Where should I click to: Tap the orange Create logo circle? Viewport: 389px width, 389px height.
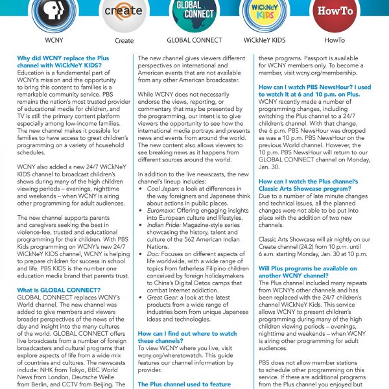click(x=124, y=13)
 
